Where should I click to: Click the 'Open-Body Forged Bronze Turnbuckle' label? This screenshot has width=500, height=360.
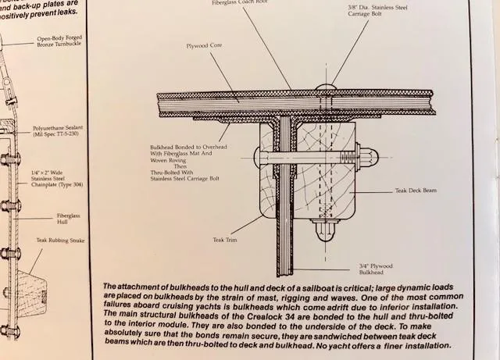tap(59, 42)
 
